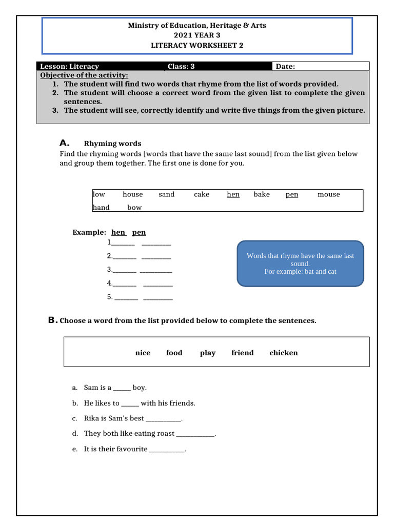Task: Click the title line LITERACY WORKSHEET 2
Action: (197, 45)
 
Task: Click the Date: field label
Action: (285, 66)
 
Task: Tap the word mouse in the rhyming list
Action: (328, 194)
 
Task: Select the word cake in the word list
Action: (202, 194)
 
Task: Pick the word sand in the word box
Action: (166, 194)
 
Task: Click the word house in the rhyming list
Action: (132, 194)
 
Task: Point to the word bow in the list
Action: (134, 208)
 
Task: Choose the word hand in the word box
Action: (101, 208)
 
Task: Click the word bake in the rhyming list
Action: (261, 194)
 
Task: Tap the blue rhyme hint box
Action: (300, 263)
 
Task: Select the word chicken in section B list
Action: (283, 353)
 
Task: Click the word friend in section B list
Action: (242, 353)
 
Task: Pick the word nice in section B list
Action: (143, 353)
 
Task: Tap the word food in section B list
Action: (174, 353)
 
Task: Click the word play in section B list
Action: (208, 353)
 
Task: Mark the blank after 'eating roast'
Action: (195, 434)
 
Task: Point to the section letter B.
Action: (51, 320)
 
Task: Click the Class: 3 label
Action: (181, 66)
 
